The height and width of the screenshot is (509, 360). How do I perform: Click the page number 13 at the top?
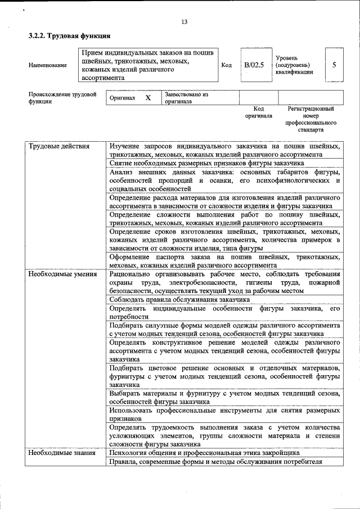tap(184, 22)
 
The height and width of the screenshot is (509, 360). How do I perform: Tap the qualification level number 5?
tap(334, 65)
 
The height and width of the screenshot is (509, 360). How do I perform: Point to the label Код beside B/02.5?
tap(226, 65)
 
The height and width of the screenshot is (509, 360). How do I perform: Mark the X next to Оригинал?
tap(148, 98)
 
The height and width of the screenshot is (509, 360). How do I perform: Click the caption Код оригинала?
tap(258, 112)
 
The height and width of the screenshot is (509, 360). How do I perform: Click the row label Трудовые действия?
tap(59, 147)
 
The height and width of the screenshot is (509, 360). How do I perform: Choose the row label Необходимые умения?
tap(62, 274)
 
